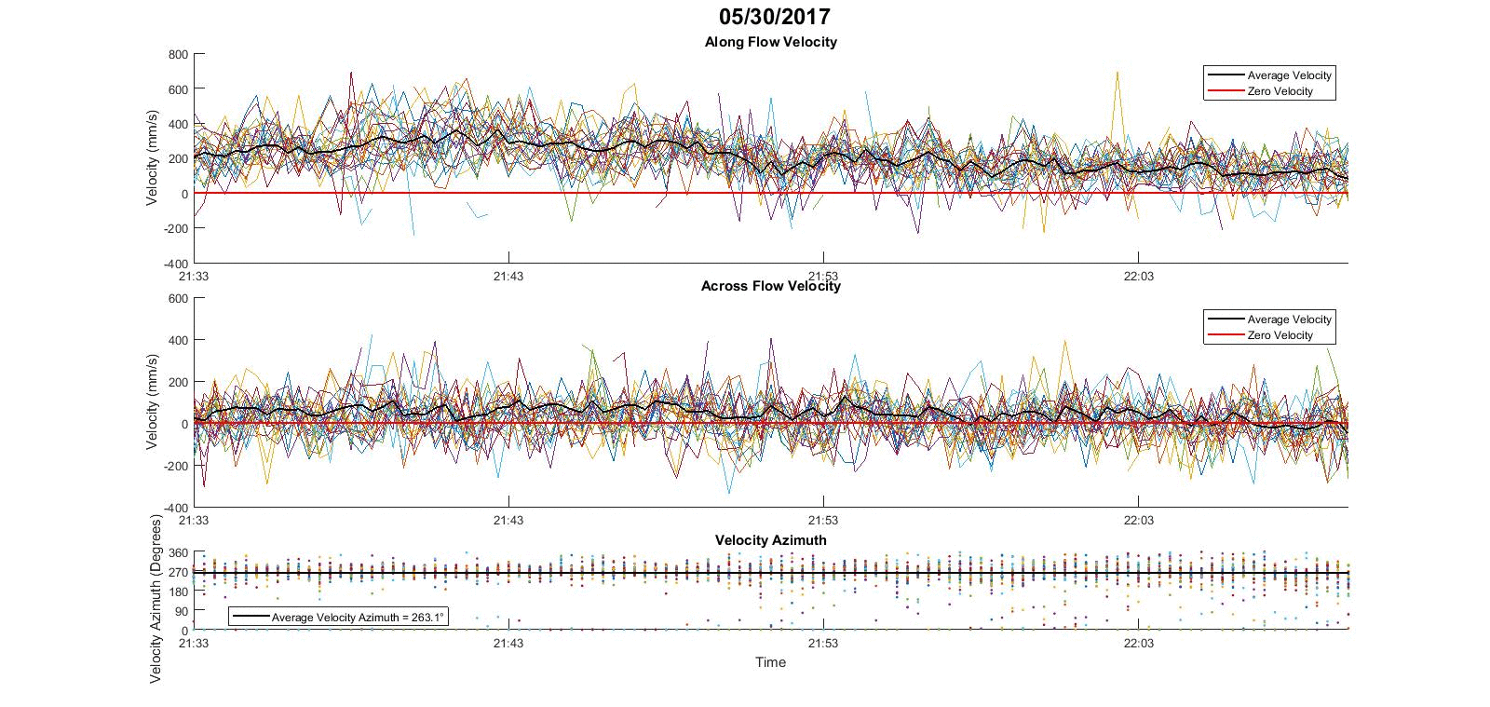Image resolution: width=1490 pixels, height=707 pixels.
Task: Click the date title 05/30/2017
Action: pyautogui.click(x=774, y=17)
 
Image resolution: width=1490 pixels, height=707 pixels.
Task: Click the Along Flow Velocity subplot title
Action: pyautogui.click(x=770, y=42)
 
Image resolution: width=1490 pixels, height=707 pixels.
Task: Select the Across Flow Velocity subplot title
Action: pyautogui.click(x=770, y=286)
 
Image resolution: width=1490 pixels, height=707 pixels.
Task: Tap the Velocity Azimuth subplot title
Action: pyautogui.click(x=770, y=540)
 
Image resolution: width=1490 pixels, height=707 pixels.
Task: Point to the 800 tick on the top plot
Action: pyautogui.click(x=178, y=55)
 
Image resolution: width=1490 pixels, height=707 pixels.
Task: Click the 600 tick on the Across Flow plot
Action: pyautogui.click(x=178, y=299)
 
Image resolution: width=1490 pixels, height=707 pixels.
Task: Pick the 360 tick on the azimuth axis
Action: pyautogui.click(x=178, y=553)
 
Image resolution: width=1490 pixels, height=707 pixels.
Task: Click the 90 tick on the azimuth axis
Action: pyautogui.click(x=182, y=611)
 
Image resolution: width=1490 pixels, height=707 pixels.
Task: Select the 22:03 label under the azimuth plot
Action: pyautogui.click(x=1138, y=643)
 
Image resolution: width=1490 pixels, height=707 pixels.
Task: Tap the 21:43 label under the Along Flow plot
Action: pyautogui.click(x=508, y=276)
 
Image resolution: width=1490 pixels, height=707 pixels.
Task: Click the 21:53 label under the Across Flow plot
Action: pyautogui.click(x=823, y=520)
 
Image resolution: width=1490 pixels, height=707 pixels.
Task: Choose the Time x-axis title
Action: pyautogui.click(x=770, y=662)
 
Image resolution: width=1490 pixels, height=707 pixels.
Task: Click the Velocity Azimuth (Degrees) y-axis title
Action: pyautogui.click(x=156, y=599)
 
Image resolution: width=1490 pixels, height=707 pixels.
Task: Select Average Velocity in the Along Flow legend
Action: pyautogui.click(x=1289, y=75)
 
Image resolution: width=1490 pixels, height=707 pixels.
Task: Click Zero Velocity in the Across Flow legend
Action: pyautogui.click(x=1280, y=335)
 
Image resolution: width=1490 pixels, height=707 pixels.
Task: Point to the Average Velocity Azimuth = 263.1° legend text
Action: pyautogui.click(x=358, y=618)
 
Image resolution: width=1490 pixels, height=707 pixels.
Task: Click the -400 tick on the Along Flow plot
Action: pyautogui.click(x=176, y=264)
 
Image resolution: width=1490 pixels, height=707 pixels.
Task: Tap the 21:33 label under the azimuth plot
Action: pyautogui.click(x=193, y=643)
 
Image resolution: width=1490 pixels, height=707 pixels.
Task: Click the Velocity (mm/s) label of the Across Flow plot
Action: pyautogui.click(x=153, y=402)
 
